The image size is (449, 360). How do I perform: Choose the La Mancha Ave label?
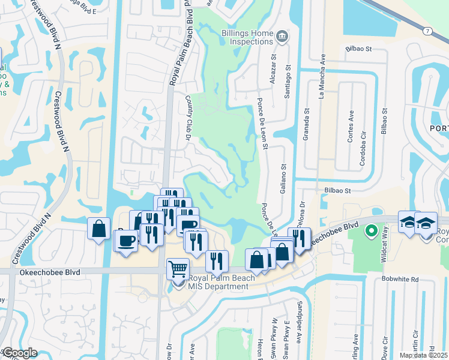322,77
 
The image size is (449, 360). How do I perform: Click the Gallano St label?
282,169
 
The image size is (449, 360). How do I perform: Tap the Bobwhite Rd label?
403,280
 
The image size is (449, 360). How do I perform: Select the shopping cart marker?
178,269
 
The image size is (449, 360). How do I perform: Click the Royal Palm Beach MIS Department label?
218,282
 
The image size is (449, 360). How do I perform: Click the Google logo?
20,353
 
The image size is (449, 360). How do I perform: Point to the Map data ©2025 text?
424,355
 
